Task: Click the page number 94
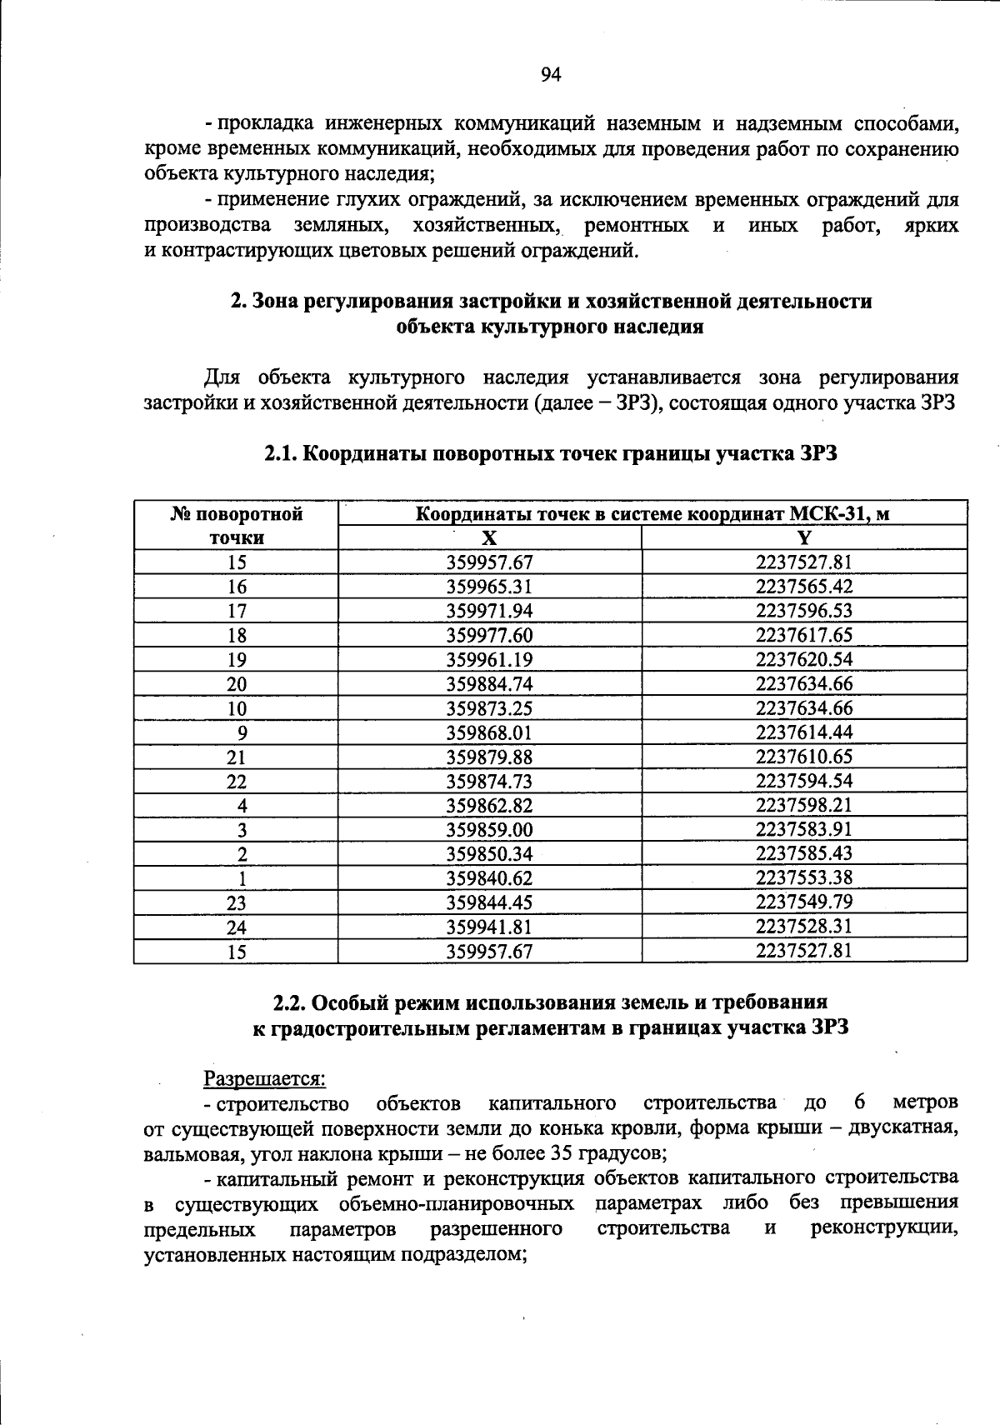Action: coord(551,76)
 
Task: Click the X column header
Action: coord(490,537)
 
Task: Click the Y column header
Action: coord(804,537)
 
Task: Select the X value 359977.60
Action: coord(489,635)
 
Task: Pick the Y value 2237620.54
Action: coord(804,659)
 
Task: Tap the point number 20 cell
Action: coord(237,684)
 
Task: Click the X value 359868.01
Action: coord(489,732)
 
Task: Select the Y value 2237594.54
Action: coord(804,781)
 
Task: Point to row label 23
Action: coord(237,902)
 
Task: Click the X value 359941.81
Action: coord(489,927)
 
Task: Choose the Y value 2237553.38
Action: coord(804,877)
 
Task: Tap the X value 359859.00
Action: coord(489,829)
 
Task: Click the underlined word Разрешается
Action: coord(265,1079)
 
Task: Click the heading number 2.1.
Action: coord(281,454)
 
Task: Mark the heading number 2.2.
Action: coord(291,1002)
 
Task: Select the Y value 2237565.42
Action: coord(804,587)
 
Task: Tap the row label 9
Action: coord(242,732)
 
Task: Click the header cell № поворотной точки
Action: coord(237,525)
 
